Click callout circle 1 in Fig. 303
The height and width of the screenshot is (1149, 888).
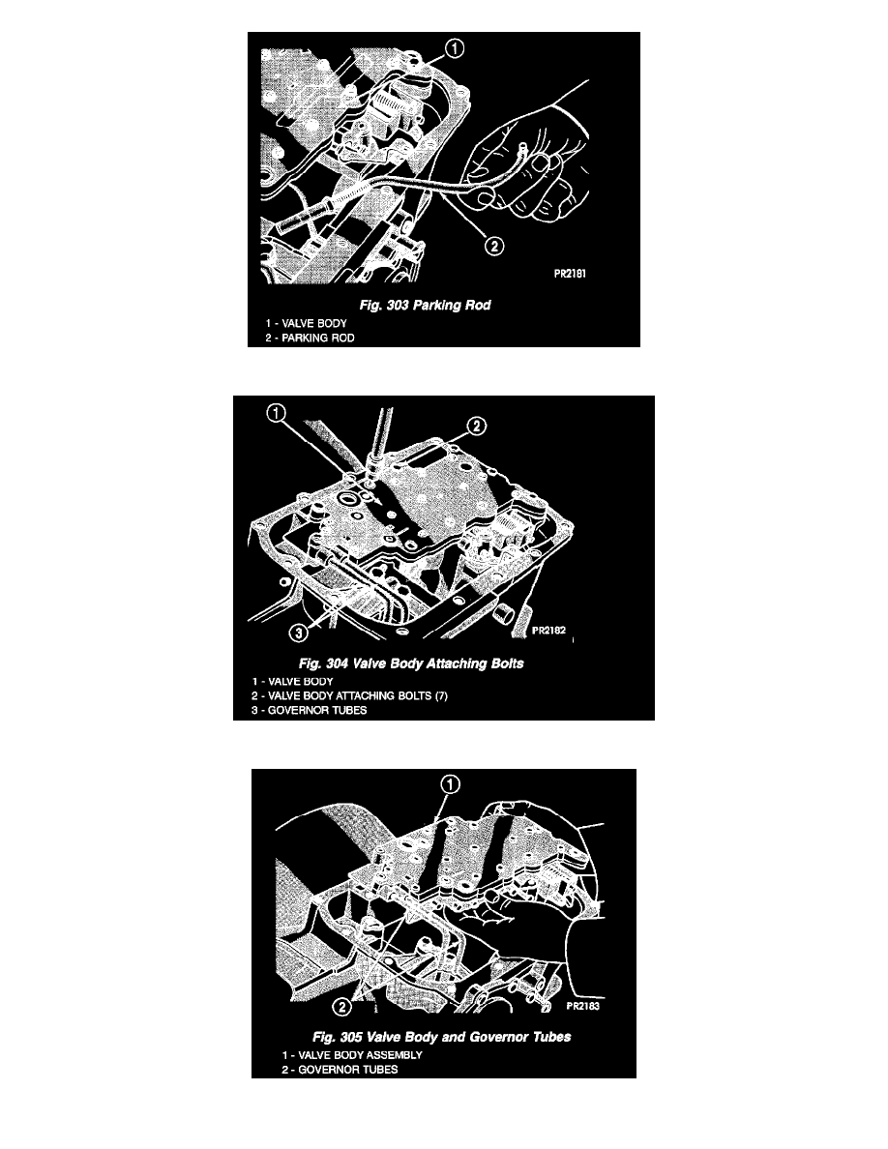click(455, 48)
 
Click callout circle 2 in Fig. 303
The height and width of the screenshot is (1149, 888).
click(494, 246)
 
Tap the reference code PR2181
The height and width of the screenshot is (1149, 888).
click(570, 274)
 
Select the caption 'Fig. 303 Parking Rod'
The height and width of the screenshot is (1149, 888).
click(425, 305)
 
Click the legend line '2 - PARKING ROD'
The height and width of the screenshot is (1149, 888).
click(310, 338)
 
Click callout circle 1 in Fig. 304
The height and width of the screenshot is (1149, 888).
click(276, 414)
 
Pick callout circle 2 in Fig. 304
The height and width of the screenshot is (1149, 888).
click(476, 426)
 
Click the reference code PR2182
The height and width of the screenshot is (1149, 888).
click(548, 631)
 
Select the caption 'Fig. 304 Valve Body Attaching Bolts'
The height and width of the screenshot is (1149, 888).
click(411, 663)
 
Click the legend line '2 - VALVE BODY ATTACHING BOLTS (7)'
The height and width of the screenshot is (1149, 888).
click(349, 695)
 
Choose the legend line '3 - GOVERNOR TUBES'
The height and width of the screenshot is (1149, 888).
click(310, 710)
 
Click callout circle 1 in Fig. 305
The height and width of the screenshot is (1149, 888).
click(450, 784)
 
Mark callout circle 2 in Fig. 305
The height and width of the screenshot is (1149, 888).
click(341, 1008)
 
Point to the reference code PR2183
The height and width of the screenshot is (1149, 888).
click(583, 1006)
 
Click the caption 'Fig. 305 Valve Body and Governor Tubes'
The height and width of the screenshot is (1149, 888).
click(442, 1037)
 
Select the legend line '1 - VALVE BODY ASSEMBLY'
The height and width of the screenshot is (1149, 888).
click(352, 1055)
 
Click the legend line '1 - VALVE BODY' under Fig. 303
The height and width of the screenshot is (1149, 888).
click(307, 323)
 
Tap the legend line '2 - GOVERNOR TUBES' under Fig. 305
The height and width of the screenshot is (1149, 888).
click(340, 1070)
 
